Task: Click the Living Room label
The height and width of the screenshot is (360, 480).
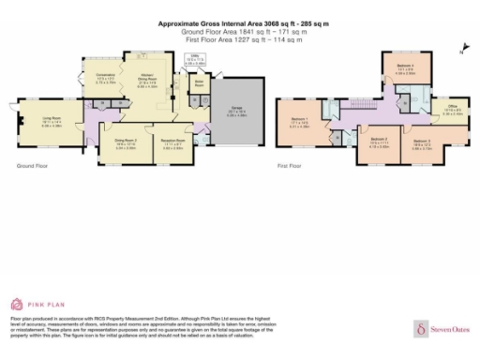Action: tap(51, 118)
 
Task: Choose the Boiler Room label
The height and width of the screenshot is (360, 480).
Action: tap(199, 83)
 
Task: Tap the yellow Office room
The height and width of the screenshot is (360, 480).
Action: tap(452, 114)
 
